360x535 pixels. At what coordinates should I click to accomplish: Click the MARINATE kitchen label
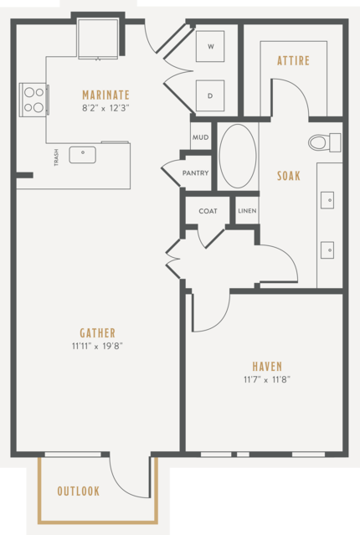(105, 95)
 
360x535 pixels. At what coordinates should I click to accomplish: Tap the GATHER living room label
(98, 333)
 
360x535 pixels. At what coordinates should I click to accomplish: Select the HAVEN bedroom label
(267, 367)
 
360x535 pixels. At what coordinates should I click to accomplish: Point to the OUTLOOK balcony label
(79, 491)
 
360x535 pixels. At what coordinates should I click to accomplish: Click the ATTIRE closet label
(294, 61)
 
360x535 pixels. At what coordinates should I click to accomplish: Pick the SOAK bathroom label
(289, 176)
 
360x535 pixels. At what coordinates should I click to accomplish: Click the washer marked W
(210, 46)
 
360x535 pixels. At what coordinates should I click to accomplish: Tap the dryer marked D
(210, 96)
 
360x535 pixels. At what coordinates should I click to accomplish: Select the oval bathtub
(238, 157)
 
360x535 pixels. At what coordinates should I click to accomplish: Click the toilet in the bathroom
(325, 142)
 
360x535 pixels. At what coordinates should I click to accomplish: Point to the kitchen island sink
(83, 155)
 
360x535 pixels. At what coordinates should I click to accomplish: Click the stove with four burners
(33, 100)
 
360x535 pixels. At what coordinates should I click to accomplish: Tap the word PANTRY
(195, 173)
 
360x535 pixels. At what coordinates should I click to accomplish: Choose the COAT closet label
(208, 211)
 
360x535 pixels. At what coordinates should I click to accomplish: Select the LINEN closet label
(247, 211)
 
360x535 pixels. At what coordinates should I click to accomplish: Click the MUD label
(201, 137)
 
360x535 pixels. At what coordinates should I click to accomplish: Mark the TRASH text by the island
(56, 157)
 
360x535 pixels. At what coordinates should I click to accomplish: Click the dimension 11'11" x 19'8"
(97, 347)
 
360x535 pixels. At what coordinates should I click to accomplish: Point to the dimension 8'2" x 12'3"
(105, 109)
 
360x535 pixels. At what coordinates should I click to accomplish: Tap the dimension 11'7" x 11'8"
(267, 379)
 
